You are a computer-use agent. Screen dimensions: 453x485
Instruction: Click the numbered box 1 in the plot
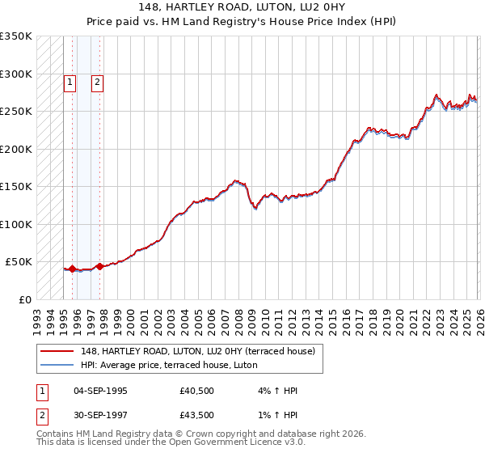coord(70,82)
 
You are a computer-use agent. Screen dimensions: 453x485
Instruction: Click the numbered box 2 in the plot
coord(97,82)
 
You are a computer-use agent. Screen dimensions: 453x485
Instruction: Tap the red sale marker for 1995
coord(72,269)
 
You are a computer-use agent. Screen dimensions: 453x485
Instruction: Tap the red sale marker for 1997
coord(99,266)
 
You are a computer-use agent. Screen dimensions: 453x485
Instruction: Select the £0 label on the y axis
coord(24,299)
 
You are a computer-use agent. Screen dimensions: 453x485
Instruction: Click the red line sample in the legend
coord(57,351)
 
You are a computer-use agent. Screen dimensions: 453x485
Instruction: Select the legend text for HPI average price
coord(168,365)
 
